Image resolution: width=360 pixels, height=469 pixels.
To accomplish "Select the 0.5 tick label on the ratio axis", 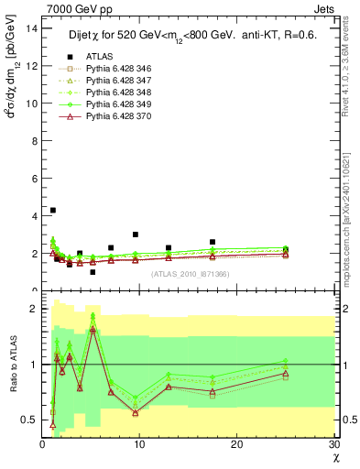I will click(30, 420).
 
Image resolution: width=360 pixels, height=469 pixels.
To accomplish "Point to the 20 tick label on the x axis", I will click(236, 444).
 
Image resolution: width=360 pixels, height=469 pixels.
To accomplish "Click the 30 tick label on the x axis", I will click(333, 444).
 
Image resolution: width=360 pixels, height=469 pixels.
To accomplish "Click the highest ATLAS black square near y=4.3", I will click(53, 211).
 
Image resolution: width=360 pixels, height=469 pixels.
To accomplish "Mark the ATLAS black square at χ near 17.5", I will click(213, 242).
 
